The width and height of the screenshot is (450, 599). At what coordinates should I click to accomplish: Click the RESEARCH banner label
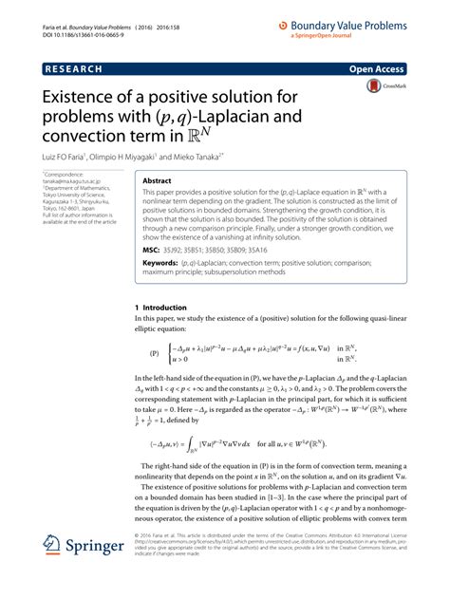(74, 70)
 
